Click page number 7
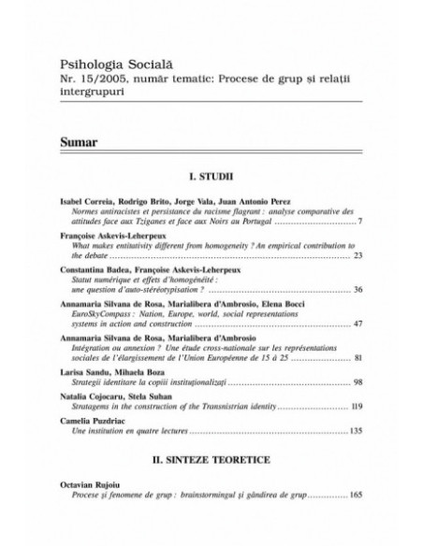click(360, 223)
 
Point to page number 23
click(358, 253)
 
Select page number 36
click(358, 289)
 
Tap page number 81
click(358, 357)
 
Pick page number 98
click(358, 383)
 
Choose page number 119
click(357, 409)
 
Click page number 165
click(357, 519)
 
